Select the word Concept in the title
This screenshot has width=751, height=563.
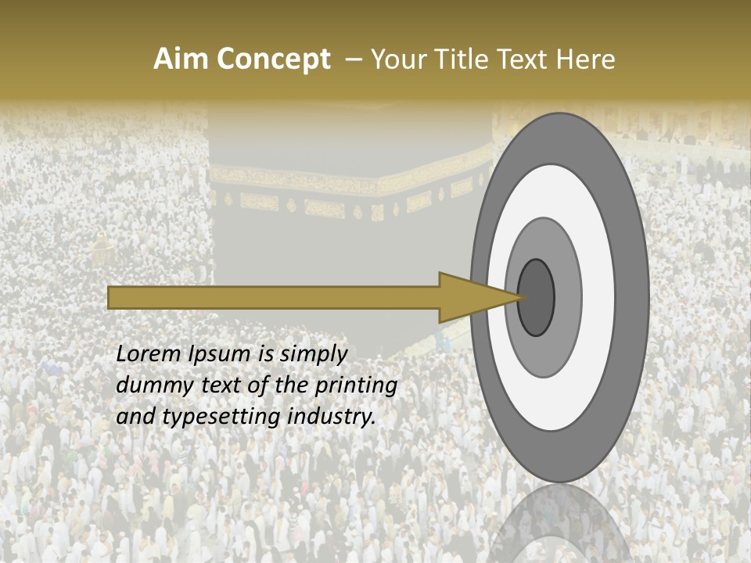tap(274, 59)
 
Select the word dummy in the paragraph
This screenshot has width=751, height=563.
tap(149, 385)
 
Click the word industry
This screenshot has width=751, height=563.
tap(332, 417)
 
